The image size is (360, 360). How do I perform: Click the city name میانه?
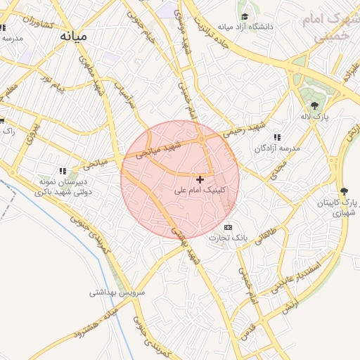point(76,35)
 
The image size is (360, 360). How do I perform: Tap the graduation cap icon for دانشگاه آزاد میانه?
point(245,17)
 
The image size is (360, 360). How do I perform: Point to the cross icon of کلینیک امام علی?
point(200,180)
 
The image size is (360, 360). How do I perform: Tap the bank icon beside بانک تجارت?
point(228,228)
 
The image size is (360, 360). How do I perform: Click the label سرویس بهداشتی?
point(117,291)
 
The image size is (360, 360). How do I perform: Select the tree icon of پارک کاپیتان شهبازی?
point(344,191)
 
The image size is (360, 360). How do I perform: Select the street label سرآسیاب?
point(127,91)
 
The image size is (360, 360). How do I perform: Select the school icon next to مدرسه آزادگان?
point(277,136)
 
